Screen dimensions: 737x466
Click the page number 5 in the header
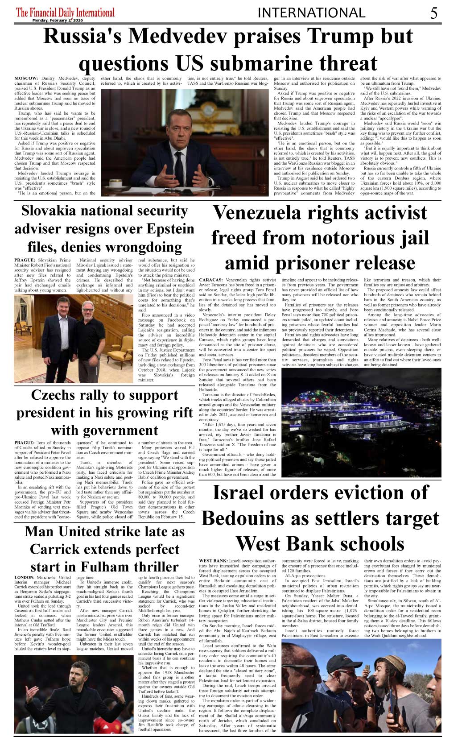coord(434,13)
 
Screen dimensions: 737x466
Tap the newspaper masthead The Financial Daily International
coord(65,12)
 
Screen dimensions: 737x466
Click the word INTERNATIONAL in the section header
coord(311,13)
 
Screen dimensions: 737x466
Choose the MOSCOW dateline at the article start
coord(26,79)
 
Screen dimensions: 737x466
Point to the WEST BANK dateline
coord(213,560)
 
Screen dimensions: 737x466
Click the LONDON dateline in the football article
coord(24,577)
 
